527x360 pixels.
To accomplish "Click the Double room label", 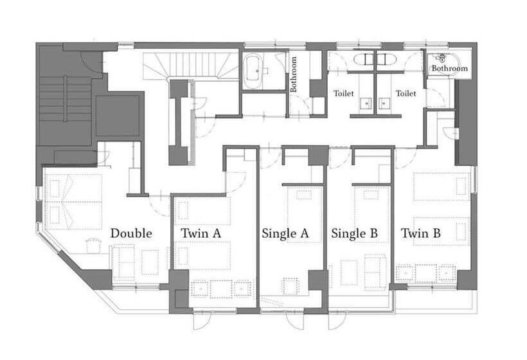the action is coord(131,233).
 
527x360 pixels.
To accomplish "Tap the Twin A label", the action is coord(201,233).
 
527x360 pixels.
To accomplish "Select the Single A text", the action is coord(285,233).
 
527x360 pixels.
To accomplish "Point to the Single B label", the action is coord(354,233).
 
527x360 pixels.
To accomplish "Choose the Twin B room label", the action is coord(421,233).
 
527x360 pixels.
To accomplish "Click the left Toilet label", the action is coord(343,93).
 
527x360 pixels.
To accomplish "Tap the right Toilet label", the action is coord(406,93).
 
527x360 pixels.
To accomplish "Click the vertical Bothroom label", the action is coord(294,74).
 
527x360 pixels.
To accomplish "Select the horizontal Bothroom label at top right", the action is coord(449,68).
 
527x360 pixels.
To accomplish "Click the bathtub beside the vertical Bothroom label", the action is coord(253,72).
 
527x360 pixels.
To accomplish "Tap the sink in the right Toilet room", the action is coord(384,104).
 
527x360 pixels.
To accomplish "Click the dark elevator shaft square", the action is coord(118,116).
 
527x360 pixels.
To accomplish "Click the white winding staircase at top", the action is coord(190,66).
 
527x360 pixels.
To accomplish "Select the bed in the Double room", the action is coord(73,202).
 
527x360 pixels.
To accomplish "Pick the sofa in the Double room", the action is coord(123,263).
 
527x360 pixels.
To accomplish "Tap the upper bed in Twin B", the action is coord(442,186).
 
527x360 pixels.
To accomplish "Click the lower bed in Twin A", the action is coord(202,255).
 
